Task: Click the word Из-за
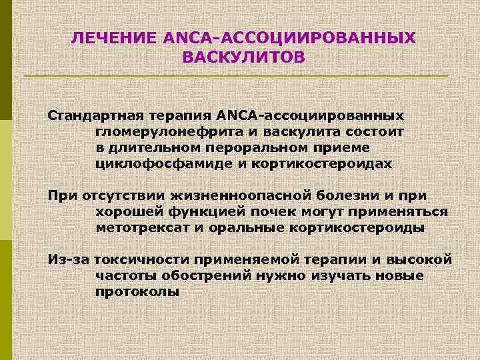pos(68,259)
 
